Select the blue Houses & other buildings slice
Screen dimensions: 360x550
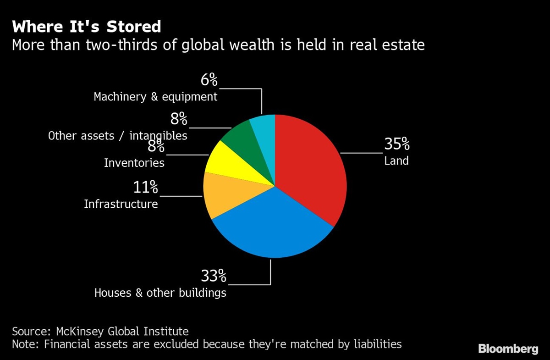270,225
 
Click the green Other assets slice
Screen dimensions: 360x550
245,138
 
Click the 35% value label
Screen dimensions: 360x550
397,144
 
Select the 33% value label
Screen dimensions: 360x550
214,276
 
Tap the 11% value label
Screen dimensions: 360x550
145,187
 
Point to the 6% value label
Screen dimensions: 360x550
209,80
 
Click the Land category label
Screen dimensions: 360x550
396,161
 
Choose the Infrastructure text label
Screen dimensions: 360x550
121,204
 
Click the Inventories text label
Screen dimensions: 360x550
134,163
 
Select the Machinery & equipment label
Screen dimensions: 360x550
155,97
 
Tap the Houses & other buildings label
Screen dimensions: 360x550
160,293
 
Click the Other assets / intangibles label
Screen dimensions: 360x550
118,136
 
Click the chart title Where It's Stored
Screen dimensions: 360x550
87,27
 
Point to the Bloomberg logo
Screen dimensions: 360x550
508,349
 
